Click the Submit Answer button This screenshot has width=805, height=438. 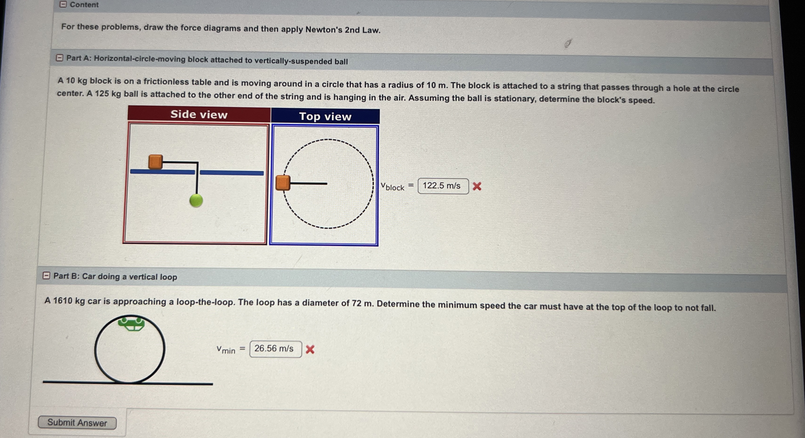(x=77, y=423)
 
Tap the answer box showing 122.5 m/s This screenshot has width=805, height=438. (x=443, y=186)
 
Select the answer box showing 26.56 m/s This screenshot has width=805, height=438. (x=276, y=349)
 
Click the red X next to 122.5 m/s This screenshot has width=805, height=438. (x=477, y=186)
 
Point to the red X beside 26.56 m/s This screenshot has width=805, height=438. (x=310, y=349)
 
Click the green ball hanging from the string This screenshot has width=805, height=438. (x=196, y=200)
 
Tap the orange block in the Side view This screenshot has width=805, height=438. (x=155, y=162)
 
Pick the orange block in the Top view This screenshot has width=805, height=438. (x=283, y=183)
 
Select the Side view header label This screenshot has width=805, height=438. (x=199, y=114)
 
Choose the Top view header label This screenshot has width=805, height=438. (x=325, y=117)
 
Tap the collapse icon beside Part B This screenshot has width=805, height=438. (x=46, y=275)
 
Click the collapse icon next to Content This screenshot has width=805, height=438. (x=63, y=4)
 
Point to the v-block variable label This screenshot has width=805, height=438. (x=392, y=187)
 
